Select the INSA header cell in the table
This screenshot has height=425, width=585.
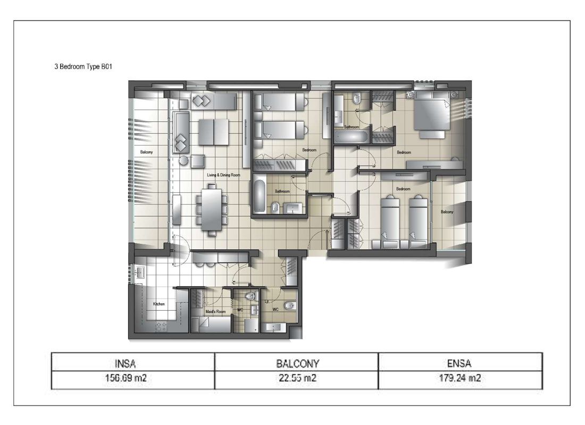point(132,364)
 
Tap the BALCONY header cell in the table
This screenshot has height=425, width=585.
point(296,364)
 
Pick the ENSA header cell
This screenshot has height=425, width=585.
point(460,364)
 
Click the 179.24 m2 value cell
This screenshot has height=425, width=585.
point(460,378)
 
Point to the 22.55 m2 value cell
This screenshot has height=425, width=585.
point(296,378)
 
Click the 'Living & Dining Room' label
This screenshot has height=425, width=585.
point(224,174)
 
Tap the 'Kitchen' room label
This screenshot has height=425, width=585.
point(159,304)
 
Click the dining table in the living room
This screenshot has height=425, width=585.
point(212,209)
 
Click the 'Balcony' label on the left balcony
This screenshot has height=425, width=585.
point(146,152)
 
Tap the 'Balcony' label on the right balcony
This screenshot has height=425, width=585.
point(447,212)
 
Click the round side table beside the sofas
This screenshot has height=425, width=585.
point(184,160)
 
